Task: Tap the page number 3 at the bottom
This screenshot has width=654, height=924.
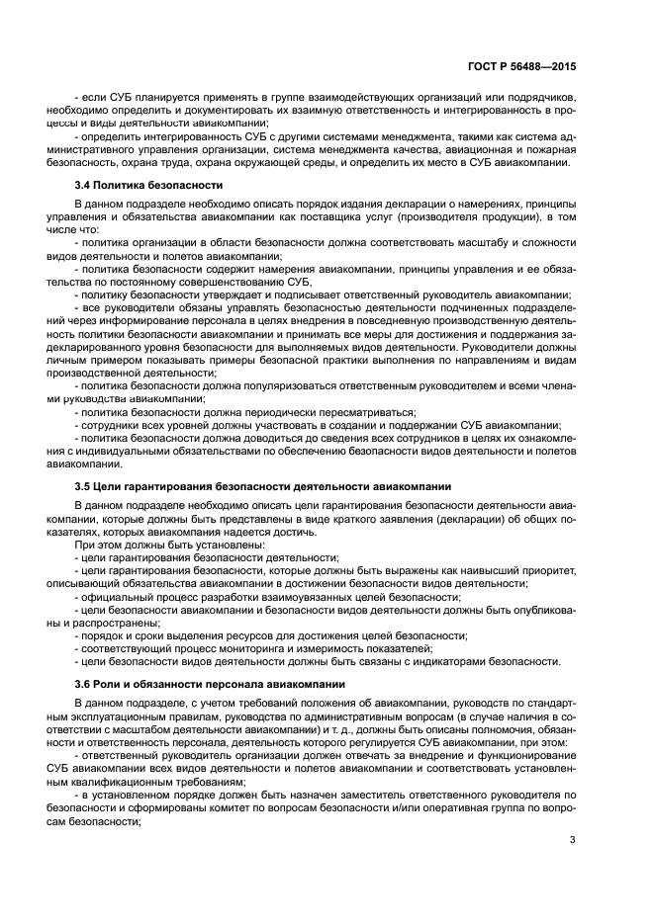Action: click(572, 840)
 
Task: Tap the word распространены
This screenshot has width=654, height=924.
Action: click(112, 622)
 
